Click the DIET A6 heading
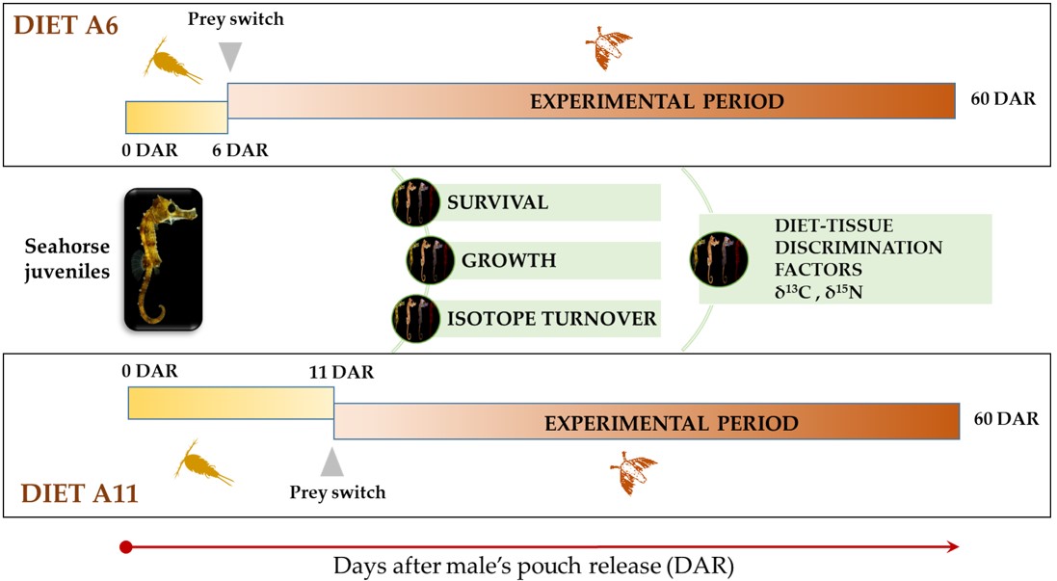coord(65,24)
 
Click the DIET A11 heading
coord(79,497)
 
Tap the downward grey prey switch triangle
coord(228,56)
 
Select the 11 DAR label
coord(336,372)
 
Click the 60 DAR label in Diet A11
coord(1006,419)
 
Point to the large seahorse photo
coord(163,259)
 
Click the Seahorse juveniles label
coord(67,258)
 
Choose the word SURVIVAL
coord(497,202)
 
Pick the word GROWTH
coord(508,260)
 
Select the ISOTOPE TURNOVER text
coord(550,318)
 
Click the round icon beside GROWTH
coord(428,260)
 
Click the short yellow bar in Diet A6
coord(176,117)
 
